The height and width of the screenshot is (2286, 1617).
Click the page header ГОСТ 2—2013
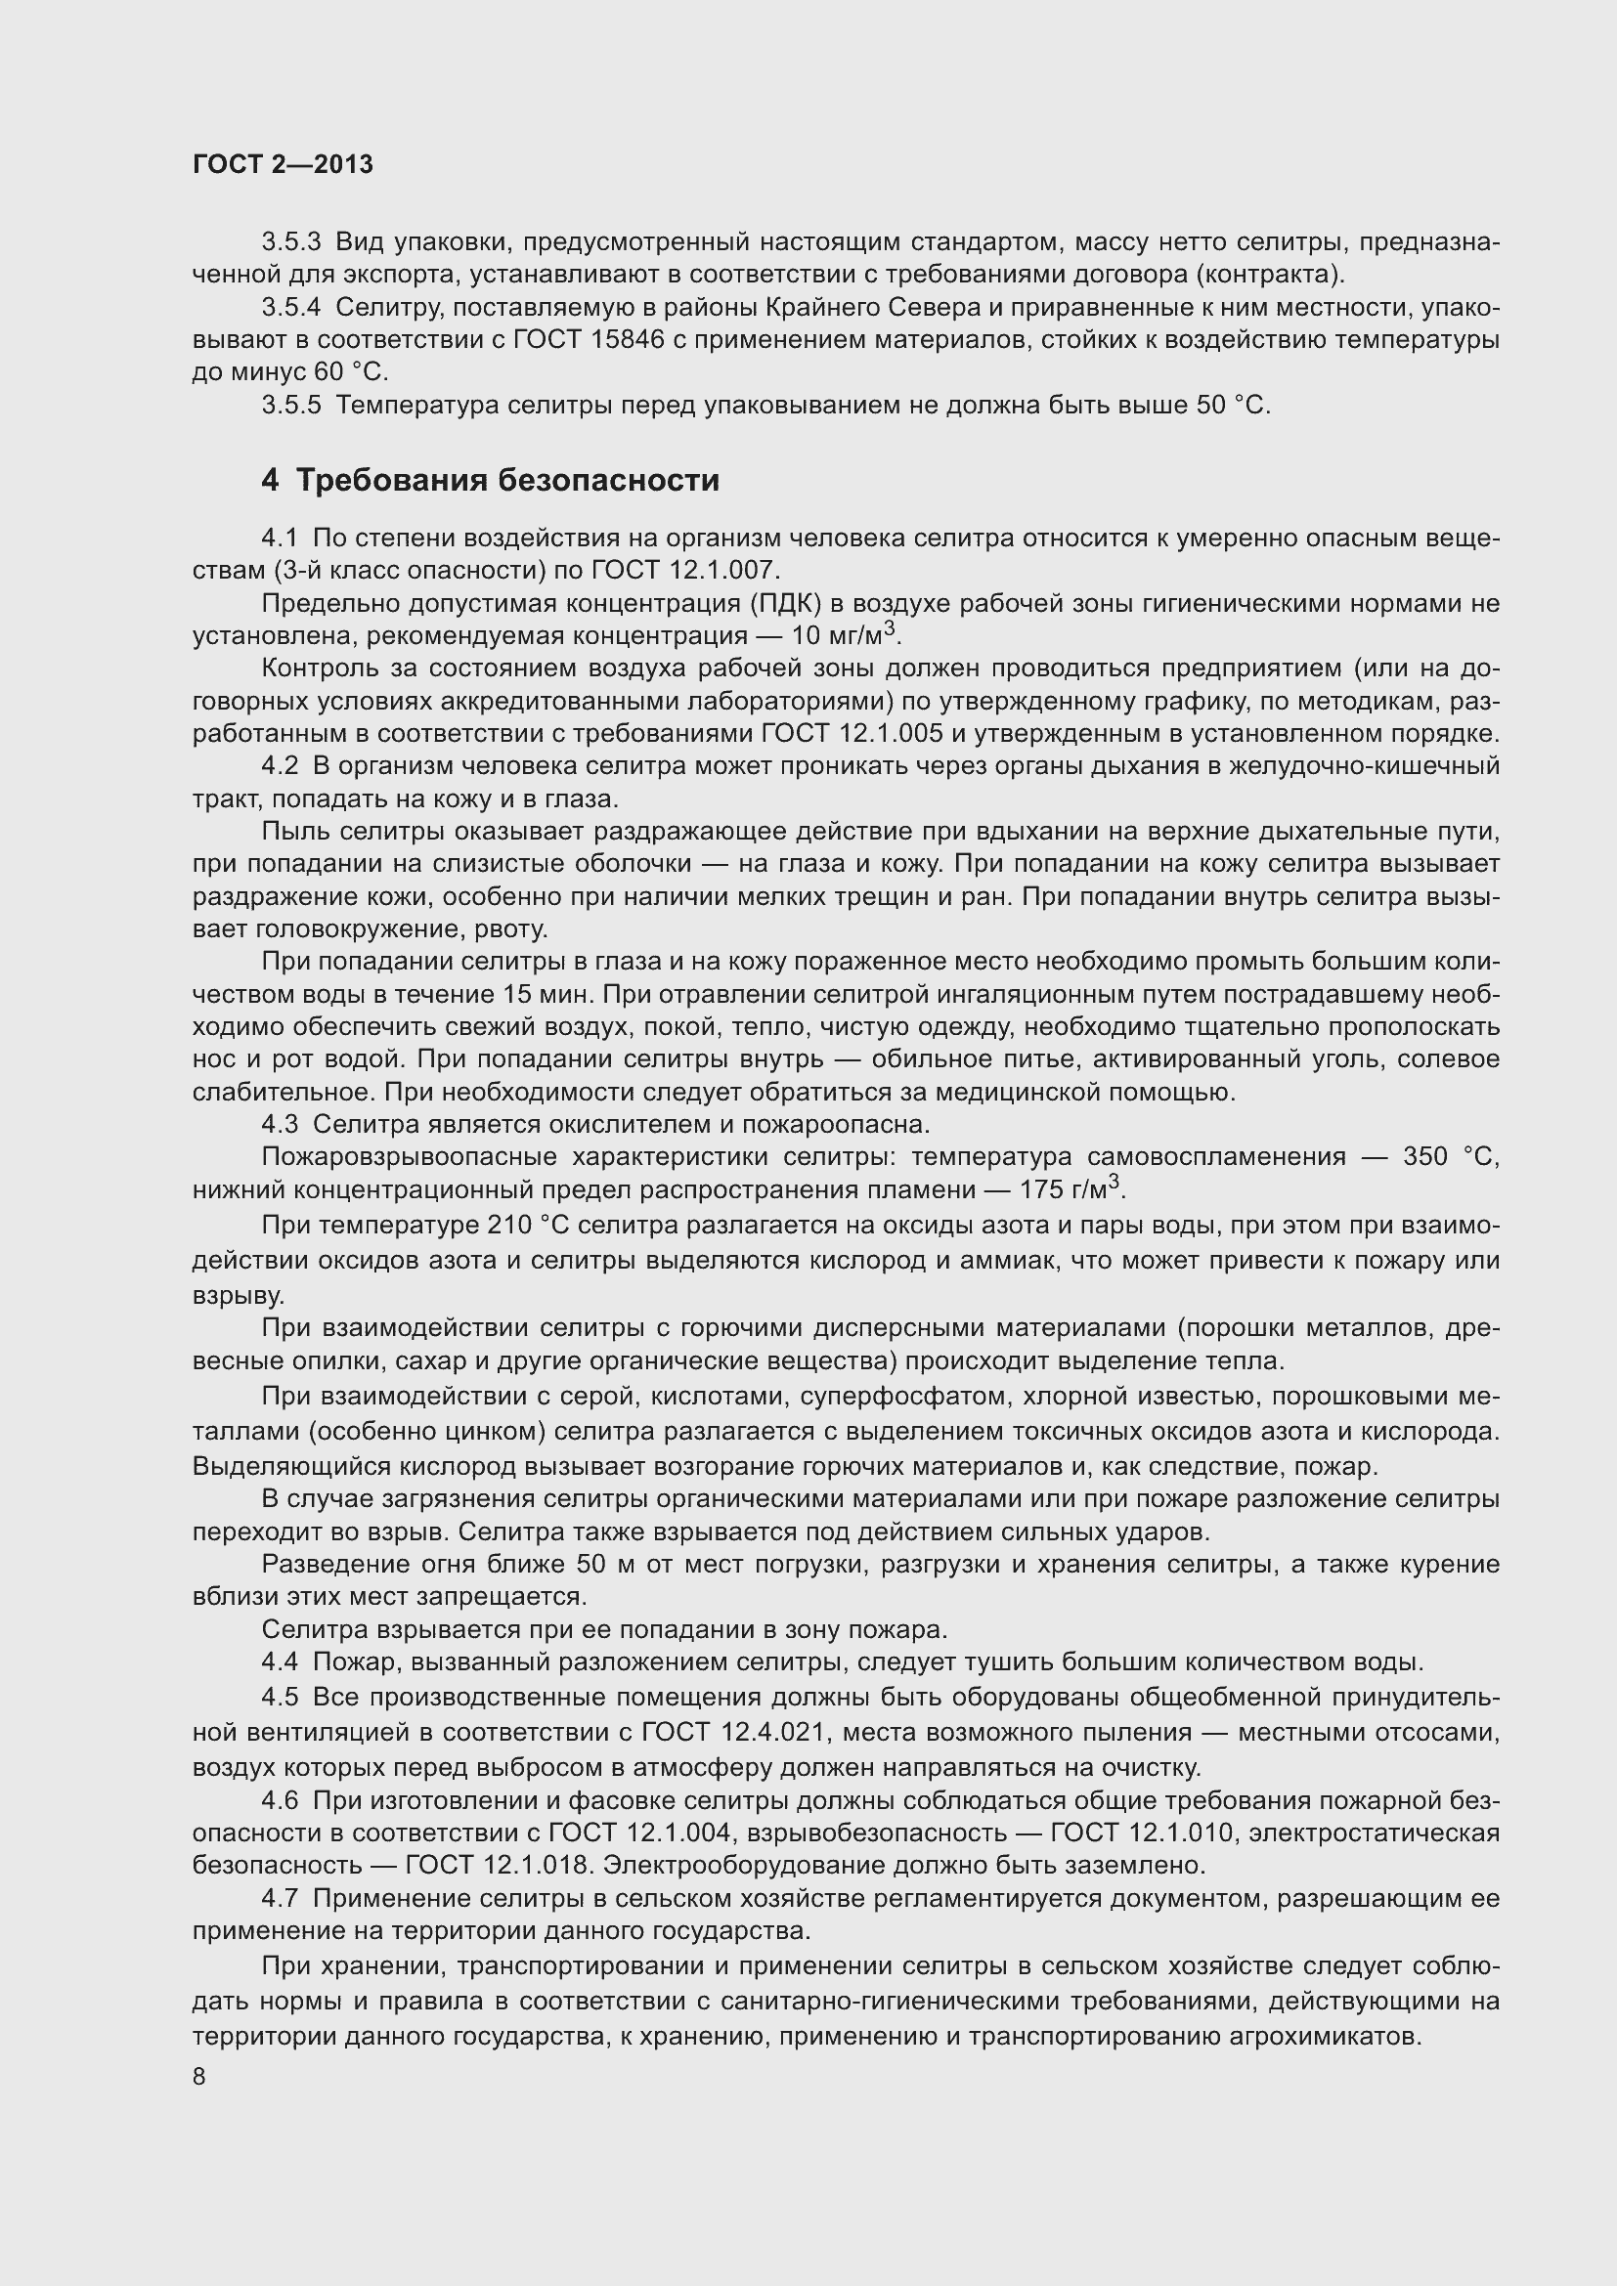tap(283, 164)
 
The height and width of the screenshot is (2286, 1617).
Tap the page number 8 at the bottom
tap(199, 2077)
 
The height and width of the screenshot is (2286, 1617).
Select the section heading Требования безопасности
tap(507, 481)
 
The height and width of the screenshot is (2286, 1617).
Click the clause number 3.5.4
tap(291, 308)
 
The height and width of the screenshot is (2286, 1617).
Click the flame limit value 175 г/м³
tap(1072, 1189)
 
